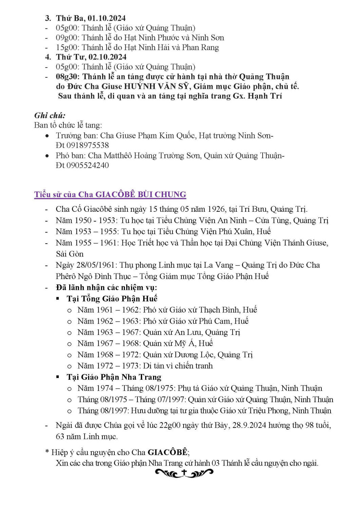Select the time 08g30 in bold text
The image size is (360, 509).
point(68,77)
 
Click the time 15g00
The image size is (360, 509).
point(67,48)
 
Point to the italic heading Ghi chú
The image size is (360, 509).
point(50,115)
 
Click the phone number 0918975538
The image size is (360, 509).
point(88,145)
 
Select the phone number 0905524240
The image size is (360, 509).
point(88,165)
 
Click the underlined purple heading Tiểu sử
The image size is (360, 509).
point(110,194)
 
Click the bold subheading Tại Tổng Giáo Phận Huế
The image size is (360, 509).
point(112,299)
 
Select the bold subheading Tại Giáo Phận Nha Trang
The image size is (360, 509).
point(114,377)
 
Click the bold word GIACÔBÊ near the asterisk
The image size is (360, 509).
point(168,452)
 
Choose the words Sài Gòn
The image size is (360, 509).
point(70,254)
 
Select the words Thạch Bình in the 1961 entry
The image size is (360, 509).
point(220,310)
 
